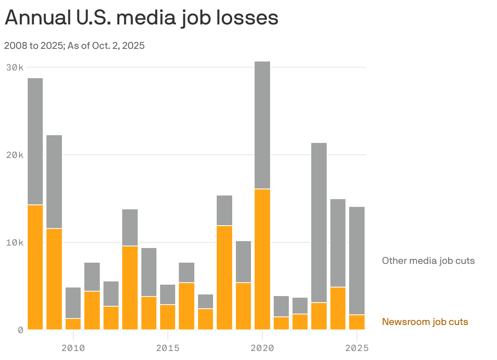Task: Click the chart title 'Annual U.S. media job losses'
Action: [141, 18]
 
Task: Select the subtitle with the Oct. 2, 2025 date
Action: [75, 46]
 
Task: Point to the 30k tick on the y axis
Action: [15, 67]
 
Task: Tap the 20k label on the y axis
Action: [15, 155]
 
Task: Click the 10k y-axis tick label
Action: [15, 242]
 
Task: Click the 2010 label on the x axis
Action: [73, 348]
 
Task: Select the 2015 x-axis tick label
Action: [167, 348]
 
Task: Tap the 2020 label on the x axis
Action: [262, 348]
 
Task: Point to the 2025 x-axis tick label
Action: [356, 348]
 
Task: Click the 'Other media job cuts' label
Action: [428, 261]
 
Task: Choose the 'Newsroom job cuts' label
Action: [425, 322]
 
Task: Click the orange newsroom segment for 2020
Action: [262, 259]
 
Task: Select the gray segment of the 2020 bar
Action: [262, 125]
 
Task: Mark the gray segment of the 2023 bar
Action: [319, 222]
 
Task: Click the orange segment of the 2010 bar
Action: [73, 324]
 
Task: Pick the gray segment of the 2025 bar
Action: [357, 261]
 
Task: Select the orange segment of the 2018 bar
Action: [224, 278]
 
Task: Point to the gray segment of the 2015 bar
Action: [168, 294]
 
